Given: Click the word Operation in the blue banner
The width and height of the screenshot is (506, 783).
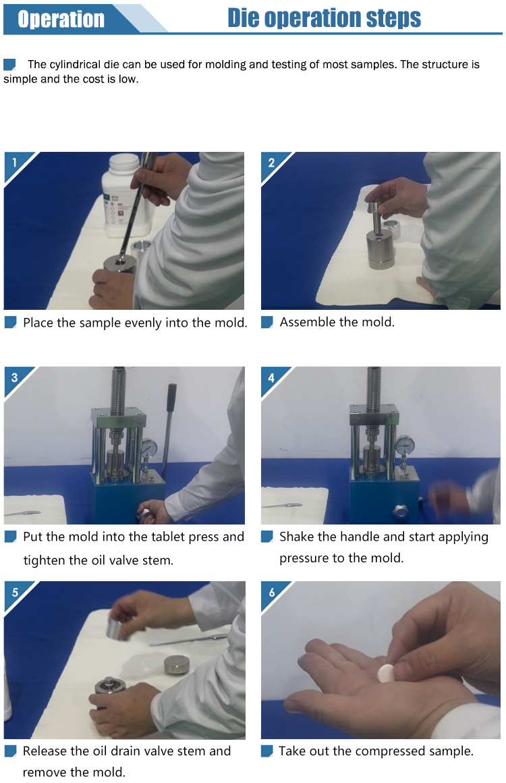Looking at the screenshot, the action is click(x=61, y=19).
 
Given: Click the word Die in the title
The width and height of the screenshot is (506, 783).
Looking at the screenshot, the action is click(x=243, y=18).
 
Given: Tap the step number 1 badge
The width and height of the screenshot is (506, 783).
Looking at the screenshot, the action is click(x=15, y=162).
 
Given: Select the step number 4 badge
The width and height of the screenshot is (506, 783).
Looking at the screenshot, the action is click(x=271, y=377).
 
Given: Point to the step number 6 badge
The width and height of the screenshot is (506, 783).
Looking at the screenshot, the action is click(x=271, y=592).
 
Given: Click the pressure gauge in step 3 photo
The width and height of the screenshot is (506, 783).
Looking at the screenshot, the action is click(x=149, y=448).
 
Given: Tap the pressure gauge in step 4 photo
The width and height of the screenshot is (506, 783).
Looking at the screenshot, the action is click(x=405, y=444).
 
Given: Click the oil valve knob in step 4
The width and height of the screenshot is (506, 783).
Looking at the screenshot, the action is click(x=399, y=512).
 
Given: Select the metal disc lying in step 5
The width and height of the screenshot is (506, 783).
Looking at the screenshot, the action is click(x=177, y=664).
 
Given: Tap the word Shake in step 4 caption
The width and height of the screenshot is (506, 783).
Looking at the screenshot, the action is click(x=296, y=537).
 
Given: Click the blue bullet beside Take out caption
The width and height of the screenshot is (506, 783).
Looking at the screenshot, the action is click(x=267, y=751).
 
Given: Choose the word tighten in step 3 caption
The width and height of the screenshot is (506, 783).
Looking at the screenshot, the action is click(x=42, y=560).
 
